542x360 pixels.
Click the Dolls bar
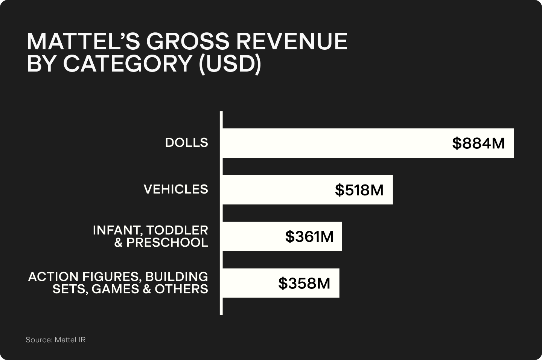coord(339,143)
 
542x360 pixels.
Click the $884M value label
coord(478,143)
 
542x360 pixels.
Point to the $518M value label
coord(359,190)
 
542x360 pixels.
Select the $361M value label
coord(309,237)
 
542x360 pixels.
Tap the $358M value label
coord(304,284)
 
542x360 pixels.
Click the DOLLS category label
coord(187,143)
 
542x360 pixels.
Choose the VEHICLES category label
coord(176,189)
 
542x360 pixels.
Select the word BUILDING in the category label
coord(177,277)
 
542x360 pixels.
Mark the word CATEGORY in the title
coord(128,64)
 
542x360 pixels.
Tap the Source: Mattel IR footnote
coord(56,340)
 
